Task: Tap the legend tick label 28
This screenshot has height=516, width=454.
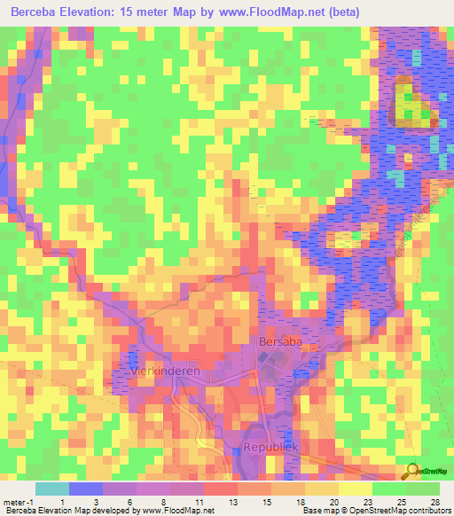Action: point(434,501)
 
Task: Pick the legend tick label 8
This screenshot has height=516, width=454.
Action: point(163,501)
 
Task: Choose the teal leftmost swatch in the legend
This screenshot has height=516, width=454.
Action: point(51,489)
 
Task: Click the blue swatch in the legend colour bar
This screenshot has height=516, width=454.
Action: point(85,489)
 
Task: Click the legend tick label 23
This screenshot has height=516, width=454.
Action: point(366,501)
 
